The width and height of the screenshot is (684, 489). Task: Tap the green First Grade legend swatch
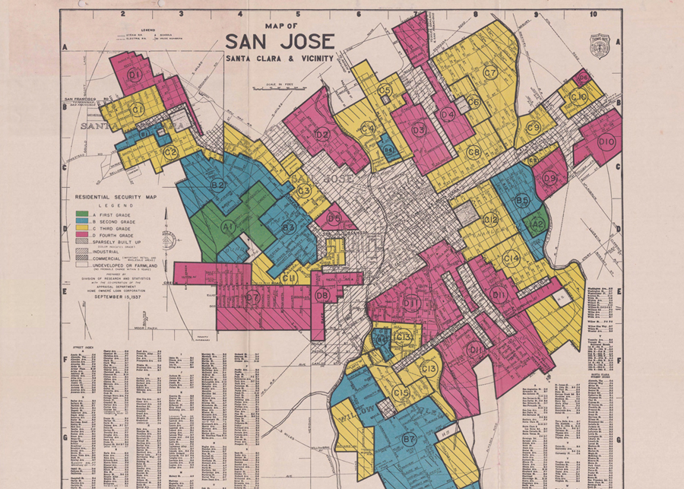(x=81, y=214)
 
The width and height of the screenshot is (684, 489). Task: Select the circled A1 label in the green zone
(x=228, y=227)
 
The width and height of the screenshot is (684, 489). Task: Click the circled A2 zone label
(x=537, y=224)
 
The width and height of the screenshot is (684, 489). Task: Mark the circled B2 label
(x=218, y=185)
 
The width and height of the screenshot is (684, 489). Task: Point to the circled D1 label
(x=135, y=75)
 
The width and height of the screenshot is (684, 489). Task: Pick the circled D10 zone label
(x=606, y=141)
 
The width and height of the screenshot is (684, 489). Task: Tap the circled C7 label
(x=490, y=73)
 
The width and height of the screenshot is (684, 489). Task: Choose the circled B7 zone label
(x=409, y=439)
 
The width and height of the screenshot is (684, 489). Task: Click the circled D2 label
(x=321, y=135)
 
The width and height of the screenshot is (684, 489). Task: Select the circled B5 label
(x=522, y=201)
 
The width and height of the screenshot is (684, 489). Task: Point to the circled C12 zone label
(x=490, y=220)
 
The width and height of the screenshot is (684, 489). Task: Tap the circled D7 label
(x=252, y=297)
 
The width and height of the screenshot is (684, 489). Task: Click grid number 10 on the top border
(x=593, y=14)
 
